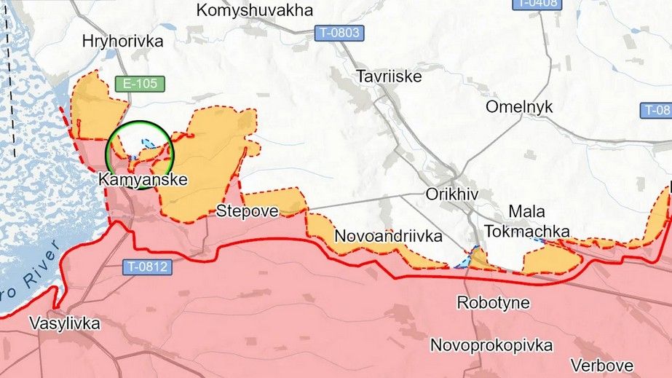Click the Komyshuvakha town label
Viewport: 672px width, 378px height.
click(x=255, y=10)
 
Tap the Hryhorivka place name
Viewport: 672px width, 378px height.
click(x=123, y=42)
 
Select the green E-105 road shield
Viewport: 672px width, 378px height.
click(x=140, y=84)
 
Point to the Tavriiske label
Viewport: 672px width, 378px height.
click(x=389, y=76)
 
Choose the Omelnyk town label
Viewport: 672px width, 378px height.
click(x=519, y=107)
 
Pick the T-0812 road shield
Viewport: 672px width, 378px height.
click(x=146, y=267)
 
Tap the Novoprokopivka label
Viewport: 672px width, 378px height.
click(x=491, y=344)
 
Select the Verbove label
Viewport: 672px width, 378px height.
click(x=601, y=364)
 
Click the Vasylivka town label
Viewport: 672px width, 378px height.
click(x=65, y=323)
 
